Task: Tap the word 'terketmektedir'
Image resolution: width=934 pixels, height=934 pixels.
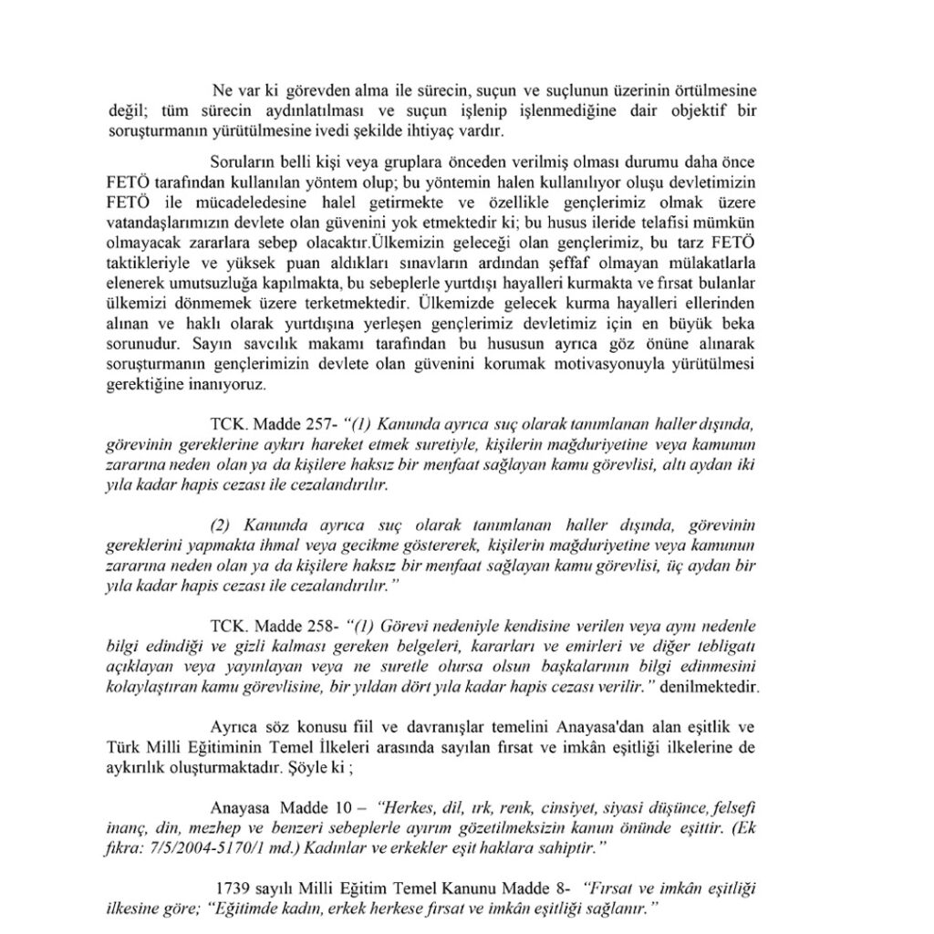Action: [x=347, y=302]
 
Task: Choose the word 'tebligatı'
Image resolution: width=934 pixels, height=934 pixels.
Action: [x=724, y=648]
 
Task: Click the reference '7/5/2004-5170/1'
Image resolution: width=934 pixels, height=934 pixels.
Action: [x=223, y=846]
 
